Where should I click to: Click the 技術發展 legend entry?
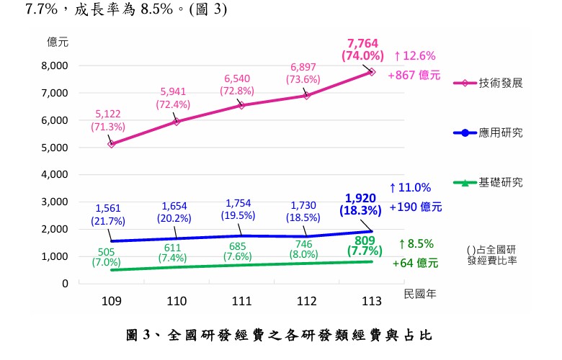489,83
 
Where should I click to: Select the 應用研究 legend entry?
489,133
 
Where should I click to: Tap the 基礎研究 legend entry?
489,183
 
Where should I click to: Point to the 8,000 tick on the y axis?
55,66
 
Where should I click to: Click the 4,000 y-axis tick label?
55,174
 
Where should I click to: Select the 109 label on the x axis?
112,301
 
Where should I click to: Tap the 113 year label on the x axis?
372,301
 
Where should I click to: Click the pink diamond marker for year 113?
372,72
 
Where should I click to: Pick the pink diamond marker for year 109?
112,144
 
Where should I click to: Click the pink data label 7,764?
362,43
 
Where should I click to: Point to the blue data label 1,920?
360,198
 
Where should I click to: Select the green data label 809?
365,240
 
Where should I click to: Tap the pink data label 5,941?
173,91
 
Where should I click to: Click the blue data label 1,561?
108,208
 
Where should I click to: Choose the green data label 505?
106,252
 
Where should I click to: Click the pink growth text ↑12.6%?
415,56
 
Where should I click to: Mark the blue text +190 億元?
416,207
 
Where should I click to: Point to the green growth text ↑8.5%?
416,244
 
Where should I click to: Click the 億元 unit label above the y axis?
58,42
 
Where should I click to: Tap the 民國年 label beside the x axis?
420,294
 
